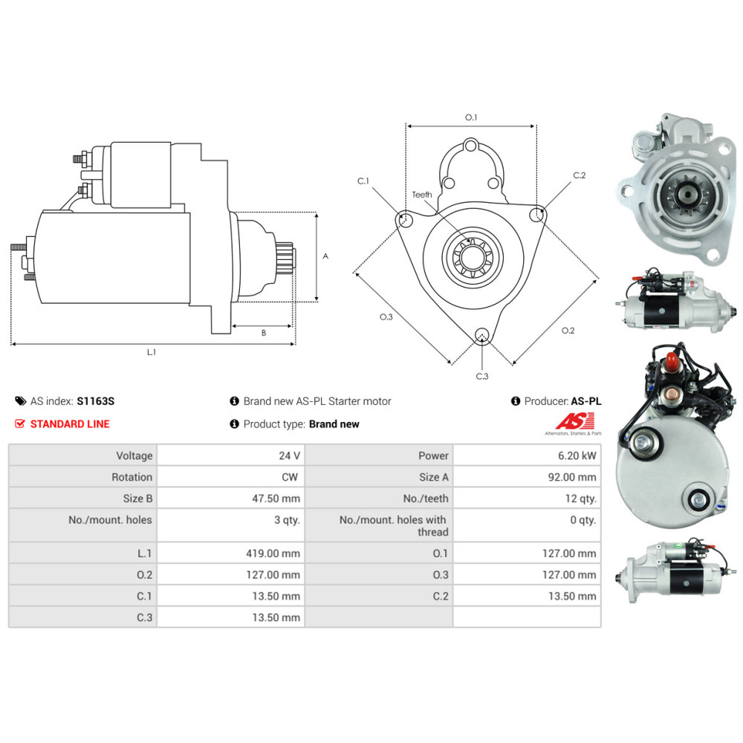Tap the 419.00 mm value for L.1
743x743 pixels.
[x=273, y=553]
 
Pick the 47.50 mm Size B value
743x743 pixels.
[x=276, y=499]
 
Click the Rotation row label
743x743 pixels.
[x=132, y=477]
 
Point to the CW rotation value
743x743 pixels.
[x=291, y=477]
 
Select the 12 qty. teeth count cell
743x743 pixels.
[x=580, y=499]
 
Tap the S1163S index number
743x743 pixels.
[x=96, y=401]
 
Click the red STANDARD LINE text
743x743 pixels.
[x=69, y=424]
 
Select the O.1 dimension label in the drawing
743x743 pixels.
[x=470, y=117]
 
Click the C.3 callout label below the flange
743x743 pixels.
[x=482, y=376]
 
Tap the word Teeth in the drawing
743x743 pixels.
[x=422, y=195]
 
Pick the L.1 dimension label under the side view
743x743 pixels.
[x=152, y=352]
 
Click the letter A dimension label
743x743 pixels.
[x=325, y=256]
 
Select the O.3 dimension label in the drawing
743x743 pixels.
[x=386, y=317]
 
